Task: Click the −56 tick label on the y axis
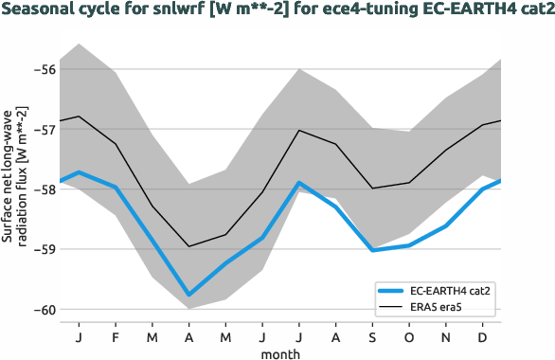[43, 69]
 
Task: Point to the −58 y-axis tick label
[43, 189]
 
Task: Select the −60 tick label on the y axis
[43, 309]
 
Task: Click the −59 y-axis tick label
[43, 249]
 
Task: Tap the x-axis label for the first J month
[78, 336]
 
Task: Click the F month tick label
[115, 336]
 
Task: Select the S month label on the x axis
[373, 336]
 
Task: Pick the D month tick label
[484, 336]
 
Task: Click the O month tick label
[410, 336]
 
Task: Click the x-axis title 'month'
[281, 352]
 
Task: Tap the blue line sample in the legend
[391, 290]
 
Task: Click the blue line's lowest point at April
[188, 295]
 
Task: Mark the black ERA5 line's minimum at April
[188, 246]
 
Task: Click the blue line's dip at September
[373, 250]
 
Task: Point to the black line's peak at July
[299, 130]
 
